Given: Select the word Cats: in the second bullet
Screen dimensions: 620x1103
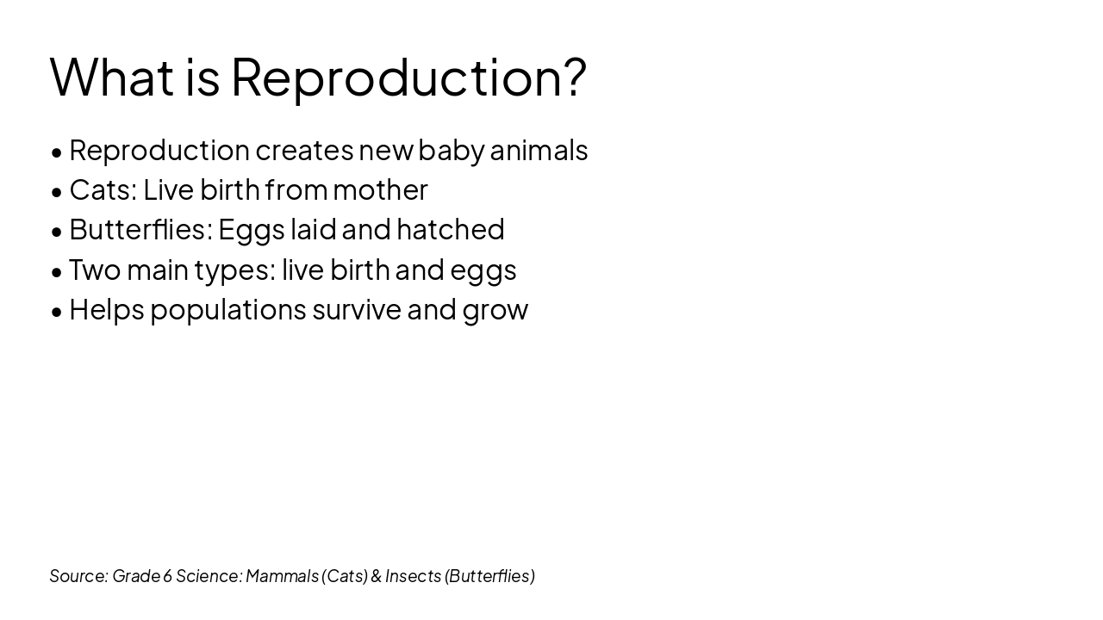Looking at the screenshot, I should (103, 189).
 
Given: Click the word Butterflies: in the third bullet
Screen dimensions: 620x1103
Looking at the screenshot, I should (140, 229).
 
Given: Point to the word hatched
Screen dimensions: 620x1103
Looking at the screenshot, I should (450, 229).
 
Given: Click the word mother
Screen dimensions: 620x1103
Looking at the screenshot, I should (380, 189).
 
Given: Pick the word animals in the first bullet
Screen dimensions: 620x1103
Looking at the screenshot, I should (539, 150).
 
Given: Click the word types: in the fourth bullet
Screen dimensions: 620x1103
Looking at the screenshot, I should (234, 270).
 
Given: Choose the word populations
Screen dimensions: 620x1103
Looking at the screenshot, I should (228, 310).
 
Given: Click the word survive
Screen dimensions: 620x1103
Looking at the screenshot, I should (357, 309).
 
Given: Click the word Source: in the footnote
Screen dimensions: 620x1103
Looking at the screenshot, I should (78, 575).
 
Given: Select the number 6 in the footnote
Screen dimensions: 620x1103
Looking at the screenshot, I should (167, 575).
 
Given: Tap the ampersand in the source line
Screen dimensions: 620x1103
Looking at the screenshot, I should (376, 575).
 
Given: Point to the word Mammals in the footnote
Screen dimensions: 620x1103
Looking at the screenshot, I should (282, 575).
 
